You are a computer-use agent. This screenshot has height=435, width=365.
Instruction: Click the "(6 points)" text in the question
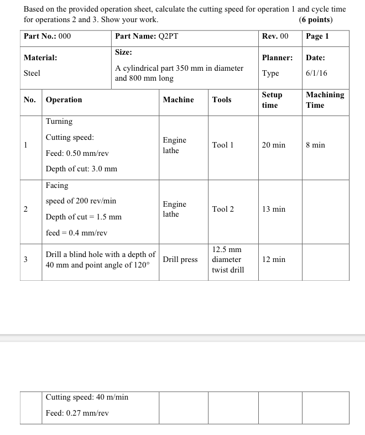coord(316,20)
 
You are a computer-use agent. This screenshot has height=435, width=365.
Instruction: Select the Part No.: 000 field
coord(48,36)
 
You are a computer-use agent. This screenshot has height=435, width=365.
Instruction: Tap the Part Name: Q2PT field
coord(147,36)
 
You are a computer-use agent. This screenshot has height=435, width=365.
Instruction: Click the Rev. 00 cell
coord(275,36)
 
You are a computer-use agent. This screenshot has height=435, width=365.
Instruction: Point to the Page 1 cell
coord(317,36)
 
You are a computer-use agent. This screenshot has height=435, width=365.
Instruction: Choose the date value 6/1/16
coord(316,74)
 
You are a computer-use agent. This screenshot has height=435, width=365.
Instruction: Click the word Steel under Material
coord(32,74)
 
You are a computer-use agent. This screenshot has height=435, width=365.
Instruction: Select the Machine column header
coord(178,100)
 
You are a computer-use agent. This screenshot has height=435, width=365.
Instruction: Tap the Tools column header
coord(222,100)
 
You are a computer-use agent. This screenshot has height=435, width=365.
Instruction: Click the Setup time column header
coord(272,100)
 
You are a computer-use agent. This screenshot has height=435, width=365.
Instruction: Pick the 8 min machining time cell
coord(315,145)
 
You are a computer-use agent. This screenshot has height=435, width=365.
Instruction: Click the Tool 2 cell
coord(223,209)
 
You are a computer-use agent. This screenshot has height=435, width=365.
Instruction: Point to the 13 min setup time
coord(273,209)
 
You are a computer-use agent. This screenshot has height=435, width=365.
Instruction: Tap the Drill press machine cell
coord(180,260)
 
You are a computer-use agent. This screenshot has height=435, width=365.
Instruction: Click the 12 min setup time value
coord(273,260)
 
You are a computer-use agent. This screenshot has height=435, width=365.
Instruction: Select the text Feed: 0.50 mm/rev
coord(77,153)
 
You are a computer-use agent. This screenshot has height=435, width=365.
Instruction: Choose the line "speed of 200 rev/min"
coord(81,201)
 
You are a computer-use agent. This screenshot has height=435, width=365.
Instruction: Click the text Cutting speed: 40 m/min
coord(87,397)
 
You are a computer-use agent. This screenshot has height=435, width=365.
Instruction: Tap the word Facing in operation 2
coord(57,186)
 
